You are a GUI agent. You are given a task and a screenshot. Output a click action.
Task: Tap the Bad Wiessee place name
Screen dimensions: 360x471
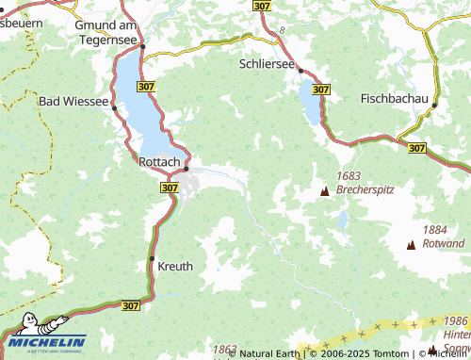[73, 100]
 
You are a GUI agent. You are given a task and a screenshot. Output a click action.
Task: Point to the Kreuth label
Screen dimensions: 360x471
[175, 266]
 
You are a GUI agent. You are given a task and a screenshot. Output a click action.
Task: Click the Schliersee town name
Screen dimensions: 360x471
[268, 63]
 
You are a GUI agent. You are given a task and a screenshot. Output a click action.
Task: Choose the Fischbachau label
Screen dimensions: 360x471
[394, 98]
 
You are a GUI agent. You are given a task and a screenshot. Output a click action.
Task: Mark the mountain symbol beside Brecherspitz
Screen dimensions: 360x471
[325, 190]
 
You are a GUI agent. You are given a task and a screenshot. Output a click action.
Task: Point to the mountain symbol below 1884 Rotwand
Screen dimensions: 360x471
[410, 245]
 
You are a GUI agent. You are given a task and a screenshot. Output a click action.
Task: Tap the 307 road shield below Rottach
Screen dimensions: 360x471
[169, 188]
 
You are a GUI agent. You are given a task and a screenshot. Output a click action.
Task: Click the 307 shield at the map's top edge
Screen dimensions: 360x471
[262, 6]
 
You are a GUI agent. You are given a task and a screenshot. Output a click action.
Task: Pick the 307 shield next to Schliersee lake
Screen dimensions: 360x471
[321, 89]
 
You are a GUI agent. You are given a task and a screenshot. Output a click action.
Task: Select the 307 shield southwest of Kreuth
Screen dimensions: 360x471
[131, 305]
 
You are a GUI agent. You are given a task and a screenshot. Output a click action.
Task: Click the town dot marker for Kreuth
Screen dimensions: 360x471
[152, 258]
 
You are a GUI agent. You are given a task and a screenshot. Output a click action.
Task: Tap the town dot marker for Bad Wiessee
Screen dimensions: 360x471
[115, 107]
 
